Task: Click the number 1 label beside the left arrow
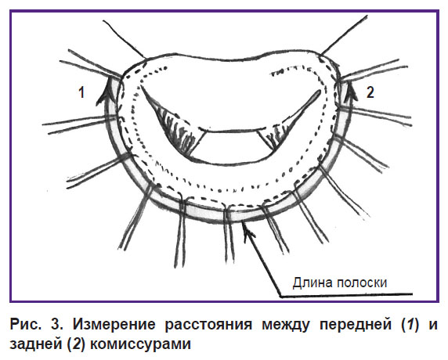point(81,93)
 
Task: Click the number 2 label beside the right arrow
point(370,92)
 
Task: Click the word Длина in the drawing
point(313,283)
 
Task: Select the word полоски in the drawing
point(362,283)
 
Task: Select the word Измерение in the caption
point(114,325)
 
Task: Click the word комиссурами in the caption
point(140,344)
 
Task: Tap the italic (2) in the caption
point(76,344)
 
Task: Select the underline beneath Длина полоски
point(346,295)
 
